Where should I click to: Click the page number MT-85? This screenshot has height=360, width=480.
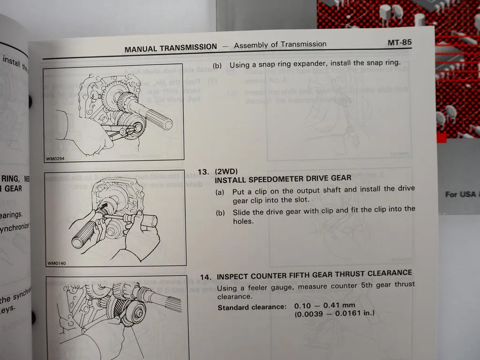point(399,43)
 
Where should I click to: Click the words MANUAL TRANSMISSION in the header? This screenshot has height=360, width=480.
point(171,47)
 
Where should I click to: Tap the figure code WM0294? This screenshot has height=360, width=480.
point(55,158)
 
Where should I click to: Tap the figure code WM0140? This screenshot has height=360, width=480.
point(57,263)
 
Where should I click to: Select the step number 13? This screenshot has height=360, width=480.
point(203,172)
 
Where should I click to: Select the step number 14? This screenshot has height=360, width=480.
point(206,277)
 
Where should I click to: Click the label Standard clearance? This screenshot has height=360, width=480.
point(251,307)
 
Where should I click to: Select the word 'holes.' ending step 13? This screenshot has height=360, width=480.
point(243,221)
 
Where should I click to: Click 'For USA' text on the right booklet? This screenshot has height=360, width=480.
point(460,194)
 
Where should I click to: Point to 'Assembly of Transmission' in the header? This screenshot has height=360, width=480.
point(280,45)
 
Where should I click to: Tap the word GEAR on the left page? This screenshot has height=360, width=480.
point(13,188)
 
